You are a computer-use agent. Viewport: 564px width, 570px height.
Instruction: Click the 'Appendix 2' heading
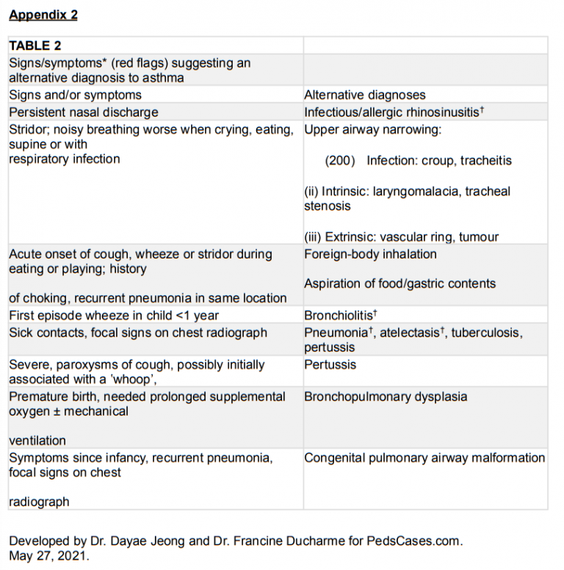43,15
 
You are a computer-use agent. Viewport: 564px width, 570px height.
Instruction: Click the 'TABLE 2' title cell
35,46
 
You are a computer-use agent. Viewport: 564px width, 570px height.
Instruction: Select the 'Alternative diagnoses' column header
364,95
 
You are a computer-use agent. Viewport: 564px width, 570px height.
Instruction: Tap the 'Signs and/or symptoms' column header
75,95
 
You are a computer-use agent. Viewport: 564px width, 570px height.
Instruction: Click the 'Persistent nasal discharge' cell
84,112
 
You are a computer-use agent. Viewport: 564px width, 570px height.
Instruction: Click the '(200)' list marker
340,160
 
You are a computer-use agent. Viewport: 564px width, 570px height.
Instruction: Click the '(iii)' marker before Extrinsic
314,237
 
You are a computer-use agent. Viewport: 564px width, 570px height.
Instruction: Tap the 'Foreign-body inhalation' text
370,254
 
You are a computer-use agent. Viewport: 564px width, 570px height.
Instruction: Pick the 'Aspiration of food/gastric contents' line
399,284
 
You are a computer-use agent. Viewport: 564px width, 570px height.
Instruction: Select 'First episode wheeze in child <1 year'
113,315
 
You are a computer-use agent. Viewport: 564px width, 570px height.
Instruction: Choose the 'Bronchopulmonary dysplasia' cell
385,397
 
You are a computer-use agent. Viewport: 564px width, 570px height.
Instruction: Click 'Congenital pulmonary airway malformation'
424,458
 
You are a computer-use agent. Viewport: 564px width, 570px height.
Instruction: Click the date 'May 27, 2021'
48,556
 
